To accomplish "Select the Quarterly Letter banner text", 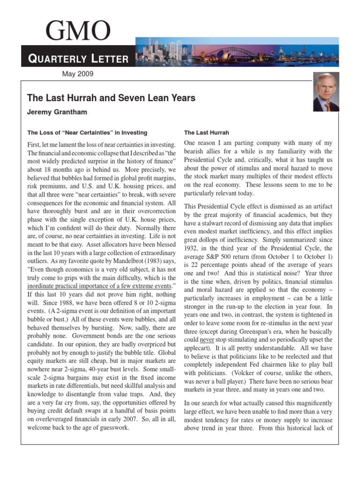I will pos(78,59).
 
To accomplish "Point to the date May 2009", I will pos(78,74).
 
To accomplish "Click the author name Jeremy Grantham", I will pos(57,112).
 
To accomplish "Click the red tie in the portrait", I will pos(327,107).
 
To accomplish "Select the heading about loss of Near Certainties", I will pos(87,133).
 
